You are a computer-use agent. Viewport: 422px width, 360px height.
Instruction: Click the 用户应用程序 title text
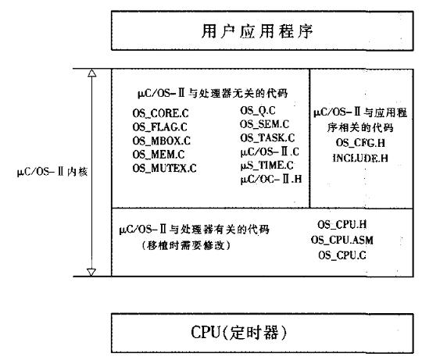(257, 31)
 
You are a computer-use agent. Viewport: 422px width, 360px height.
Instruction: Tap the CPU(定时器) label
(239, 333)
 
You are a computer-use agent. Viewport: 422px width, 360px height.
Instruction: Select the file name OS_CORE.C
(160, 113)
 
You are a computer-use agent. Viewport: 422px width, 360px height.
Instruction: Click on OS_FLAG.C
(159, 127)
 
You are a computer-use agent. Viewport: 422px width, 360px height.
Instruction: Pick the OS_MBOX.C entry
(161, 141)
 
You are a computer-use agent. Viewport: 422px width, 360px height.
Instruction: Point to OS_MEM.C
(158, 155)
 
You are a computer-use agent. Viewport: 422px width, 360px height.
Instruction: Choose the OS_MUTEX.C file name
(164, 168)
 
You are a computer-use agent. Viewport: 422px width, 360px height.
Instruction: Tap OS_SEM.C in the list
(265, 124)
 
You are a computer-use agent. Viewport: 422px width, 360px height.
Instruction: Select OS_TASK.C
(267, 137)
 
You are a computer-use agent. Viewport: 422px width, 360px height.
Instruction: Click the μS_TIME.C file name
(266, 165)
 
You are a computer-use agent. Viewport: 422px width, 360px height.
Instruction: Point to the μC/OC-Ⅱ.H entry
(271, 179)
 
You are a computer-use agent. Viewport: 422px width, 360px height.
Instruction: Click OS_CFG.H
(360, 142)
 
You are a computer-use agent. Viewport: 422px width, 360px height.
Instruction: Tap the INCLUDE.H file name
(360, 158)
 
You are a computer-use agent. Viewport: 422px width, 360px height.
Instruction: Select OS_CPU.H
(342, 224)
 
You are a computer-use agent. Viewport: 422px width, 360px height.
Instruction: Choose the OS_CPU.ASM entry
(342, 240)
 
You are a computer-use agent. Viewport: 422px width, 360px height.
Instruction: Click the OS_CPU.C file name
(342, 255)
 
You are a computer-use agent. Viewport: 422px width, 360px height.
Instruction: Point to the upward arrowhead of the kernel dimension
(91, 73)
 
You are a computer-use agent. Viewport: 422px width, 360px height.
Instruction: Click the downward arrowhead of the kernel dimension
(91, 272)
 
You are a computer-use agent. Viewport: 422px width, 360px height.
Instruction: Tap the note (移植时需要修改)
(186, 245)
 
